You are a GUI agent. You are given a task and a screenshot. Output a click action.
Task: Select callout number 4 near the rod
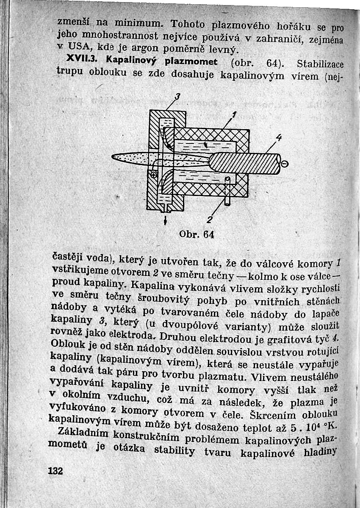click(278, 138)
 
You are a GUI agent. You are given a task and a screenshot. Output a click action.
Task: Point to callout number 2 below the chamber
click(208, 219)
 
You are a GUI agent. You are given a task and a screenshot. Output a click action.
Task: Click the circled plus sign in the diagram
click(154, 174)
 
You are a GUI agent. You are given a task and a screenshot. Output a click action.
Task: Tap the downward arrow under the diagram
click(166, 221)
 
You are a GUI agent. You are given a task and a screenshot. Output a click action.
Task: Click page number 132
click(55, 471)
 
